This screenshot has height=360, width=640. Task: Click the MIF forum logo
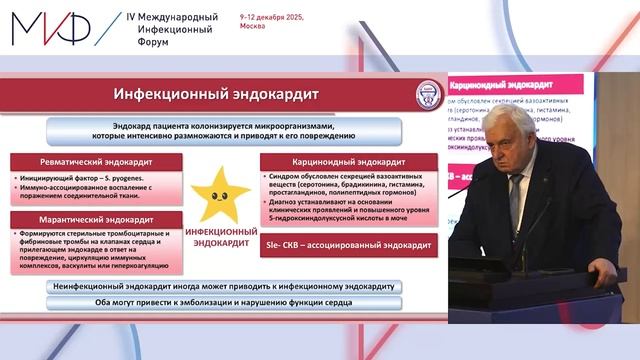50,28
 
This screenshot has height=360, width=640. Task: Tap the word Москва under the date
253,27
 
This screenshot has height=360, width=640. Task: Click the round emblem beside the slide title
429,95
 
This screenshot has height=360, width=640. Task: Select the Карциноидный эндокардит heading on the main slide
346,161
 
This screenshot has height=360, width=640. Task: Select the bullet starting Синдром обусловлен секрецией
349,183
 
